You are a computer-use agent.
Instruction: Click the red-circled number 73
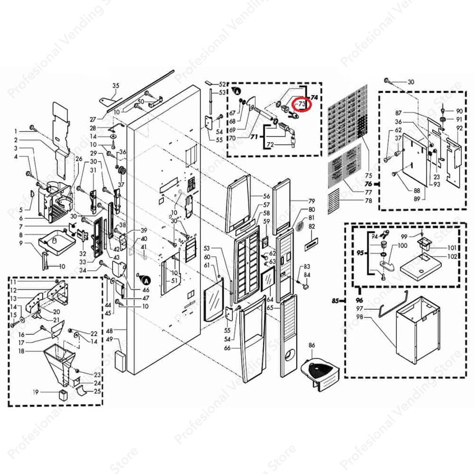coord(301,104)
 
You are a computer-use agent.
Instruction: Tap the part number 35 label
coord(116,86)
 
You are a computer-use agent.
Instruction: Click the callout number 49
coord(110,339)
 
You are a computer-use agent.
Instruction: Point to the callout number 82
coord(312,226)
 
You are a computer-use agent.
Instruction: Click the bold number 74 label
coord(315,97)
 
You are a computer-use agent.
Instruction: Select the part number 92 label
coord(460,129)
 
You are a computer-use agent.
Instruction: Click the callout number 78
coord(369,201)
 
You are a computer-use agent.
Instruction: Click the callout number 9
coord(21,243)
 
